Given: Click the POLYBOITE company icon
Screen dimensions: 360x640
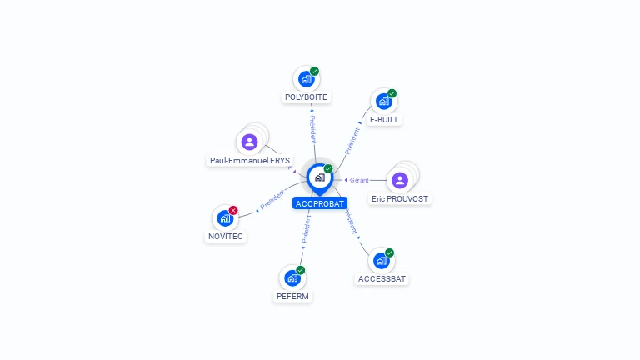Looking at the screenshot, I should pos(306,79).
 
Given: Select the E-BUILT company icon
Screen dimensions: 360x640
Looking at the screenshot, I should pos(383,102).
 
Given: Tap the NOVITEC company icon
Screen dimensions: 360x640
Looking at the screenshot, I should pos(224,218).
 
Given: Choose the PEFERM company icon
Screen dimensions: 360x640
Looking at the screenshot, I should pos(292,278).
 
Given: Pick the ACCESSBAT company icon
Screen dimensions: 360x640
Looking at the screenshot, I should pos(381,261).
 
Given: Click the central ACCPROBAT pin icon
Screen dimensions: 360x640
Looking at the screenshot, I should pos(319,177).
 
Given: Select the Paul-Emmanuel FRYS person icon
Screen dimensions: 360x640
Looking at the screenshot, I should pos(249,142).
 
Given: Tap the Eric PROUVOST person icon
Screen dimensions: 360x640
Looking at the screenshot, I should pos(400,180).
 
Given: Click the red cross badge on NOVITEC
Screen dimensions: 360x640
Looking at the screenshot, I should pos(233,210).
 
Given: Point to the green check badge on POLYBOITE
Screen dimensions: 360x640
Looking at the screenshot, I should pos(315,71).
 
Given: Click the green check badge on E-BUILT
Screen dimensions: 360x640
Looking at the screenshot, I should pos(392,93).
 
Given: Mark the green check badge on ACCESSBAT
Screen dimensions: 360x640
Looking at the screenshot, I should pos(389,252).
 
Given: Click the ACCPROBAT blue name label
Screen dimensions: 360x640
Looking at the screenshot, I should pos(320,203).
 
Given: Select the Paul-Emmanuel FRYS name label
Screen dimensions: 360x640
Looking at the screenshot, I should pos(250,160).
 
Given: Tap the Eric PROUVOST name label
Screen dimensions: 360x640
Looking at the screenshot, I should pos(400,199).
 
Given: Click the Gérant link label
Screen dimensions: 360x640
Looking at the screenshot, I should pos(359,180).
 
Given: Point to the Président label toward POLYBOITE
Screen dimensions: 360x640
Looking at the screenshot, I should pos(312,126).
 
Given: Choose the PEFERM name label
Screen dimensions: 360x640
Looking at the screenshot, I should pos(293,296).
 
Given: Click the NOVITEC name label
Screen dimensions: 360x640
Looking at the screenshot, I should pos(226,237).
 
